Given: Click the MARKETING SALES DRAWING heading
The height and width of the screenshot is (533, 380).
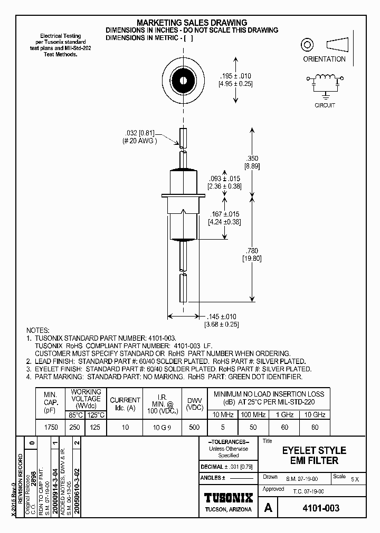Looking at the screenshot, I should (192, 23).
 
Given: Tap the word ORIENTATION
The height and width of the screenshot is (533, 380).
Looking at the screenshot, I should (324, 60).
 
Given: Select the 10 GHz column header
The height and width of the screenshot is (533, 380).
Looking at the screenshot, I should (315, 414).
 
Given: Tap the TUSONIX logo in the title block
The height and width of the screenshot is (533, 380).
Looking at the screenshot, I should (229, 498).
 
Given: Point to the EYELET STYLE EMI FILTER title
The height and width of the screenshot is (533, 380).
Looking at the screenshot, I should (313, 456).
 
